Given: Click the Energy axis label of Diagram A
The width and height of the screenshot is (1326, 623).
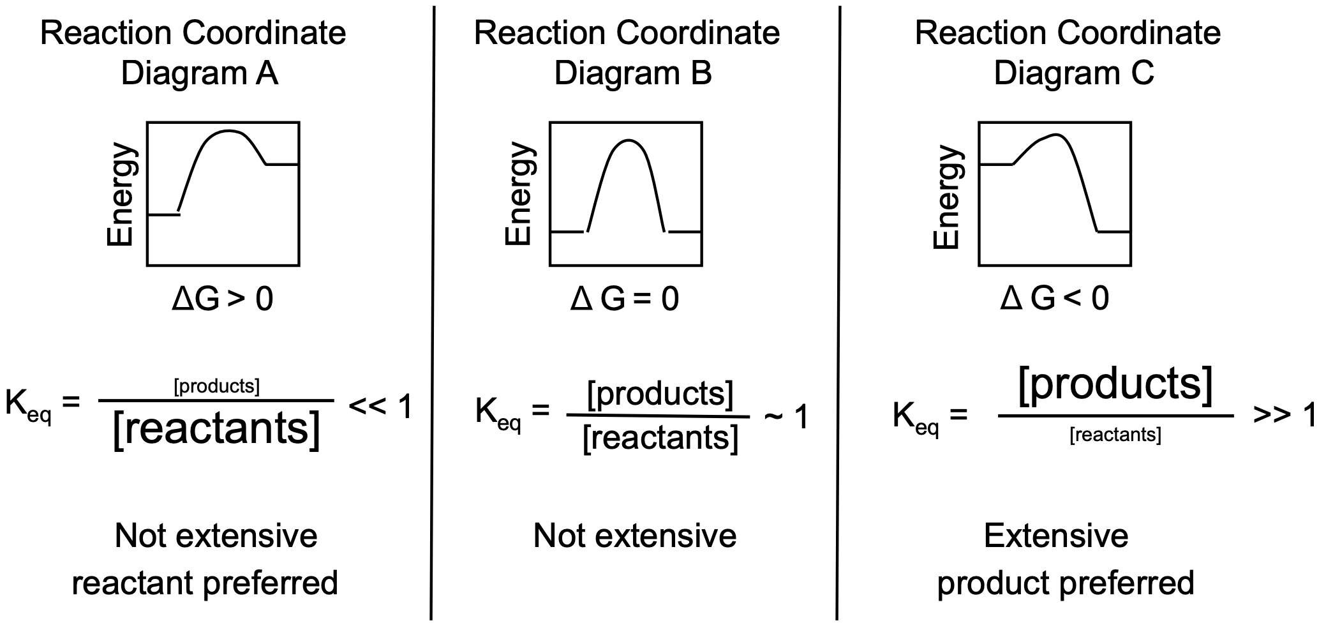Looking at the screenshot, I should [121, 195].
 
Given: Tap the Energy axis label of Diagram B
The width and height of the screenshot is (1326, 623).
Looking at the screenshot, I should [519, 194].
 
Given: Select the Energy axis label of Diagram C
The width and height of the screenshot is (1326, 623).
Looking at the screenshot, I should [947, 197].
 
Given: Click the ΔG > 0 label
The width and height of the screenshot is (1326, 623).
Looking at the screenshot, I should [222, 299].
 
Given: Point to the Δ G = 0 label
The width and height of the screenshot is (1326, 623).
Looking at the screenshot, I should [625, 299].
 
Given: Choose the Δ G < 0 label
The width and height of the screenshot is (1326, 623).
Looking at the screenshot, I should [1054, 298].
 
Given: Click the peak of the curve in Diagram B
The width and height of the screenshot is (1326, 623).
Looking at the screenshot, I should [628, 140].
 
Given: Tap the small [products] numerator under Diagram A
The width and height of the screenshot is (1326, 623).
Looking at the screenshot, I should [216, 386].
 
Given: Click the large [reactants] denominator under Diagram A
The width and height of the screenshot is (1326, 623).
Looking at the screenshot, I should [216, 429].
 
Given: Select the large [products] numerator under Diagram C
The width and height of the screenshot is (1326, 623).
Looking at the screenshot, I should [1115, 384].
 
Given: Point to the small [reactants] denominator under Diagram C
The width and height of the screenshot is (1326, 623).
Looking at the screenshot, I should [1115, 435].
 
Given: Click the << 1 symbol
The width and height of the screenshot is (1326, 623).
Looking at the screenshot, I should [380, 407].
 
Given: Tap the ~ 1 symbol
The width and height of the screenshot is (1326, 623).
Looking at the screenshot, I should [786, 417].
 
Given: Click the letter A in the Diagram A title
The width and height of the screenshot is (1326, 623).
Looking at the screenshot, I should [266, 73].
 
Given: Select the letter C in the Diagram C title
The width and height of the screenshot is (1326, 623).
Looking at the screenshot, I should [1142, 73].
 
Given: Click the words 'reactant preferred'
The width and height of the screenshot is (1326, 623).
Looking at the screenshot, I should [204, 583].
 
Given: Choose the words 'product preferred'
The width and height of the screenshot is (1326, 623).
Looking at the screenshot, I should [1065, 583].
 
